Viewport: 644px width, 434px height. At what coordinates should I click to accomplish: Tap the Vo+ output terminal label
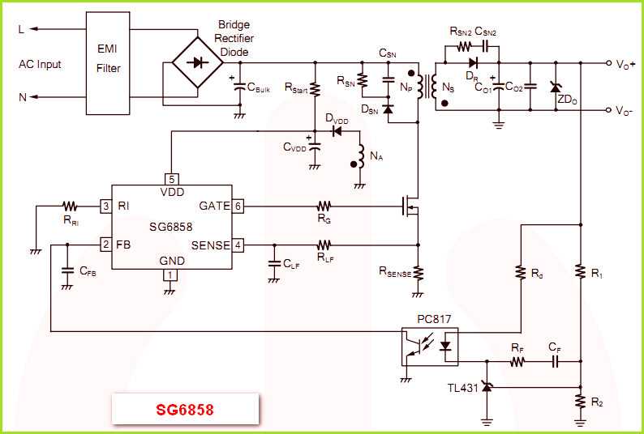[x=625, y=64]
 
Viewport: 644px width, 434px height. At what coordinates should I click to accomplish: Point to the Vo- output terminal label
[x=625, y=111]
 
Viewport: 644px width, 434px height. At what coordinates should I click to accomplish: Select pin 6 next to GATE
[x=238, y=206]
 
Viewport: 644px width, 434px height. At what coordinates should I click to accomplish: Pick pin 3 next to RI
[x=105, y=206]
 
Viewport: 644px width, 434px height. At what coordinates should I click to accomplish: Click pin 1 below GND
[x=170, y=274]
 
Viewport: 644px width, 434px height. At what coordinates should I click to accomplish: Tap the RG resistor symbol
[x=324, y=206]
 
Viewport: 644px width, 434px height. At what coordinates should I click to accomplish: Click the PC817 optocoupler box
[x=429, y=346]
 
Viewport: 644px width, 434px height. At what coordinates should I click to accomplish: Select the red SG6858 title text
[x=185, y=410]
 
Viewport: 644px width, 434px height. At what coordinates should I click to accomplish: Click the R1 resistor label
[x=597, y=275]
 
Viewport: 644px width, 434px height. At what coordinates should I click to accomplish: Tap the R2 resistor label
[x=597, y=402]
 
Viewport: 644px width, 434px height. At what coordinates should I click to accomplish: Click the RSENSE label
[x=395, y=274]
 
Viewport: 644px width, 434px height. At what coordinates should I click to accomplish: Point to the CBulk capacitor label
[x=259, y=88]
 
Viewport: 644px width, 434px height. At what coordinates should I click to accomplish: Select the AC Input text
[x=41, y=64]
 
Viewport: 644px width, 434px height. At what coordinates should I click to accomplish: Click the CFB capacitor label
[x=88, y=274]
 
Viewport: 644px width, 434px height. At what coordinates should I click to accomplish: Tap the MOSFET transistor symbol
[x=411, y=207]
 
